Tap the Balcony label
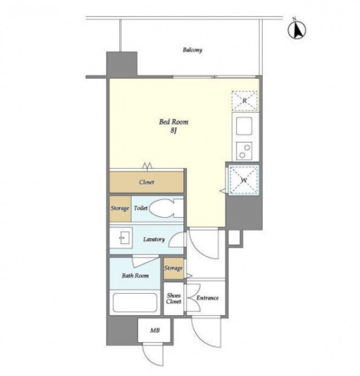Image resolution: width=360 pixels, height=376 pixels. pyautogui.click(x=193, y=50)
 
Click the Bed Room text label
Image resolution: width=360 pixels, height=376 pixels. pyautogui.click(x=173, y=122)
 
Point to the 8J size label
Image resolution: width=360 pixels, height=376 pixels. pyautogui.click(x=173, y=130)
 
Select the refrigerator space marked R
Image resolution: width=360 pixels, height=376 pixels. pyautogui.click(x=245, y=101)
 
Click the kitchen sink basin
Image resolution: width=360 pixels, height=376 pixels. pyautogui.click(x=244, y=126)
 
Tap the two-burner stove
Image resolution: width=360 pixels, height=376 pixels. pyautogui.click(x=244, y=151)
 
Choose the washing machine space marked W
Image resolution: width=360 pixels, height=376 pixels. pyautogui.click(x=244, y=180)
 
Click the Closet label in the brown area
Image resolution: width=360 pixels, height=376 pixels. pyautogui.click(x=147, y=182)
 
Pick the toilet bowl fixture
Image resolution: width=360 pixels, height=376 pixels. pyautogui.click(x=166, y=208)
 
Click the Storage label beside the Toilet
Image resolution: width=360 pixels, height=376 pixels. pyautogui.click(x=120, y=208)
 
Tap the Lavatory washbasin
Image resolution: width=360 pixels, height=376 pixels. pyautogui.click(x=125, y=238)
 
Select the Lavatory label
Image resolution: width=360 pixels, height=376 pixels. pyautogui.click(x=154, y=239)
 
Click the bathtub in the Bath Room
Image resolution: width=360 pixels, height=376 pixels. pyautogui.click(x=135, y=302)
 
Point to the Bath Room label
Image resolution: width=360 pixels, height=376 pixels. pyautogui.click(x=135, y=276)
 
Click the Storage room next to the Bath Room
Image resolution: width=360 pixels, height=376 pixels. pyautogui.click(x=173, y=269)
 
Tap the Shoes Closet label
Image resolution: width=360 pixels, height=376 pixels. pyautogui.click(x=173, y=298)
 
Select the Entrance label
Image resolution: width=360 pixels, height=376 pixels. pyautogui.click(x=207, y=298)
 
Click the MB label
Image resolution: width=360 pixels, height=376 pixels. pyautogui.click(x=155, y=330)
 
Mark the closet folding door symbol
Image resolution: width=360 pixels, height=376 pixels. pyautogui.click(x=147, y=166)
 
